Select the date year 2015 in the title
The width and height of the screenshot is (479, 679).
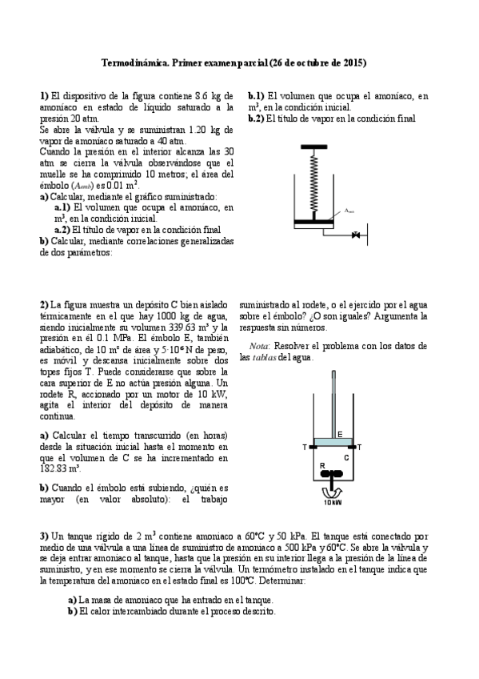click(355, 62)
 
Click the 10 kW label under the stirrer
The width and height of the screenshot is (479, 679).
click(332, 503)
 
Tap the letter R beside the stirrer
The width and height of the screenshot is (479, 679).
click(321, 465)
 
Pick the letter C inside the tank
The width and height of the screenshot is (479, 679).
click(345, 458)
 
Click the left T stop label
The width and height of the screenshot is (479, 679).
click(304, 447)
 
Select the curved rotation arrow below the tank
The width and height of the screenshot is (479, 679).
click(332, 491)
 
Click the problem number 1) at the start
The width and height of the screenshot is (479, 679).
click(44, 95)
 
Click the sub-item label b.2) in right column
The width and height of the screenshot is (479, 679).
click(256, 118)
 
